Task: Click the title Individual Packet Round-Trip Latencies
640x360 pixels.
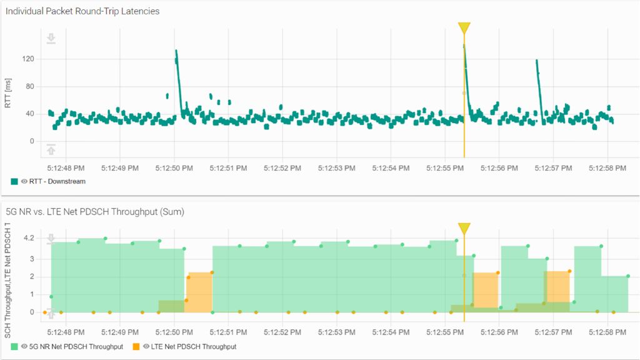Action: (82, 11)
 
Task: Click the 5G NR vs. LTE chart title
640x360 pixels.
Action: (94, 212)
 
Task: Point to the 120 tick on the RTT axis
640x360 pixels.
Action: (27, 59)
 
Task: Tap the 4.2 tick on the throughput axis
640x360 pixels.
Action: (29, 238)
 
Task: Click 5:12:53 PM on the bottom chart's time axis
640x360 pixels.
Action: (337, 332)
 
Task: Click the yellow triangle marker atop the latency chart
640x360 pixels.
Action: (464, 28)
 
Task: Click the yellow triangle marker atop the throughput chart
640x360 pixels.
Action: (464, 229)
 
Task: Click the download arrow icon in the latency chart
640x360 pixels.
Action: (51, 39)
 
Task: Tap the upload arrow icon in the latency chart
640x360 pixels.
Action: (51, 149)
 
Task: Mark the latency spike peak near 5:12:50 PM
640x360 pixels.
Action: (176, 51)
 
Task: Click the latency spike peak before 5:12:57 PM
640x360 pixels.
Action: (536, 61)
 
